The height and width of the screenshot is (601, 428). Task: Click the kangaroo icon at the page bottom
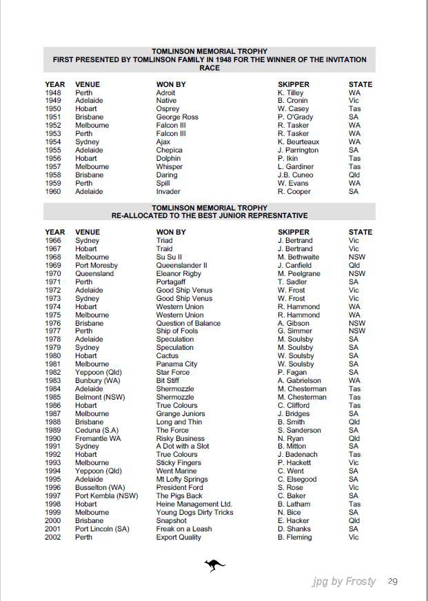click(214, 566)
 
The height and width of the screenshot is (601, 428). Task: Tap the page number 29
click(393, 581)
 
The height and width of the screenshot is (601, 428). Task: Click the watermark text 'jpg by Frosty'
click(344, 582)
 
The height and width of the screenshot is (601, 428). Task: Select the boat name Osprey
click(167, 109)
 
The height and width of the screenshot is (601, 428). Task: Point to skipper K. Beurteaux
click(298, 142)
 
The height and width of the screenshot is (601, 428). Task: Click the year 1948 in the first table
click(53, 92)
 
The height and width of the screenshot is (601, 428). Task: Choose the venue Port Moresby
click(96, 266)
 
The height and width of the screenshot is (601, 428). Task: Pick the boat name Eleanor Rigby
click(178, 274)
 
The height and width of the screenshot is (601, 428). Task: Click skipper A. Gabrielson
click(299, 381)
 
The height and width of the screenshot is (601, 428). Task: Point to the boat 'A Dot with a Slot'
click(183, 446)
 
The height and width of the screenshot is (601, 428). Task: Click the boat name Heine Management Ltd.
click(194, 504)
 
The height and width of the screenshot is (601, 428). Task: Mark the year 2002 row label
click(53, 538)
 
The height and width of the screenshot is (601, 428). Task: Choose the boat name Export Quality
click(179, 538)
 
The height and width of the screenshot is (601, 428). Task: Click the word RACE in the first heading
click(210, 68)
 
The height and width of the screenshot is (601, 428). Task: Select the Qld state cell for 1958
click(354, 175)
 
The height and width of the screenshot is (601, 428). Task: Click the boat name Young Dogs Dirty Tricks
click(194, 513)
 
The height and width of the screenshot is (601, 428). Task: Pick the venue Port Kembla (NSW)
click(106, 496)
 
